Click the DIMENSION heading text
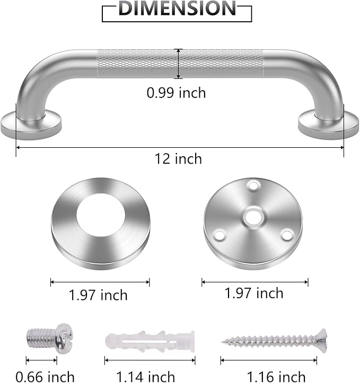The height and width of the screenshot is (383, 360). click(177, 9)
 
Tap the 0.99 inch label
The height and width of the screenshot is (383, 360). click(176, 93)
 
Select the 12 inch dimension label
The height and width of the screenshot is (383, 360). click(178, 158)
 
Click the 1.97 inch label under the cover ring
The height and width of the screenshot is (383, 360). click(98, 295)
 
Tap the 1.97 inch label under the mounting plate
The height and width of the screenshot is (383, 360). click(254, 293)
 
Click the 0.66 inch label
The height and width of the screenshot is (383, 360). click(45, 377)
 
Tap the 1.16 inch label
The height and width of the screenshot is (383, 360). click(276, 377)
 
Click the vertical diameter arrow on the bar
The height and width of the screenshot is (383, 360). click(179, 64)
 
